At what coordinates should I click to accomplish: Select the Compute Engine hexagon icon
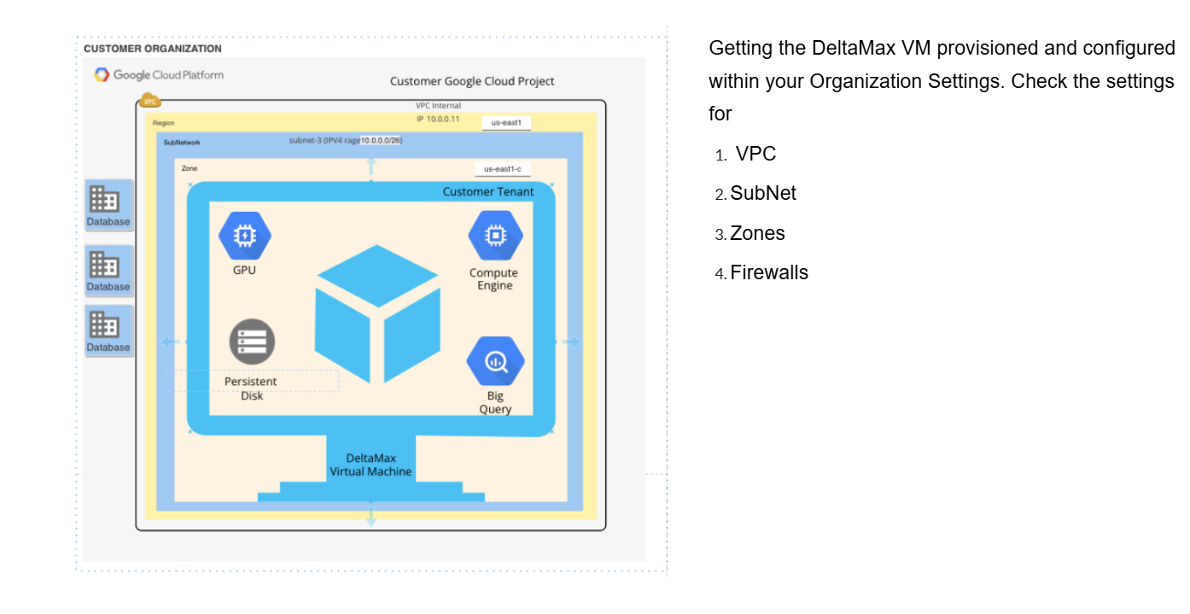click(495, 235)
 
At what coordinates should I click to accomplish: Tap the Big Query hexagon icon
click(495, 361)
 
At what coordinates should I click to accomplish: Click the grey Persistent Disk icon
click(252, 342)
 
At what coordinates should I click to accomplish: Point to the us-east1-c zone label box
click(503, 169)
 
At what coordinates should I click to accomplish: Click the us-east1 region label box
click(506, 123)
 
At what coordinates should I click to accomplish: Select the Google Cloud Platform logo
click(159, 75)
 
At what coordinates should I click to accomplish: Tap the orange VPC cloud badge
click(150, 101)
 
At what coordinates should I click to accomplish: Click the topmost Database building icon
click(105, 200)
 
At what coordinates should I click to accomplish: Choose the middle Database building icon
click(105, 265)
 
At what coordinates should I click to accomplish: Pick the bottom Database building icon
click(105, 325)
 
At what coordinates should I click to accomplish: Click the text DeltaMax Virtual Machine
click(370, 465)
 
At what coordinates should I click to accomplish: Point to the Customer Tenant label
click(487, 192)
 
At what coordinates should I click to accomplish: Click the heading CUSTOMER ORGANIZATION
click(153, 49)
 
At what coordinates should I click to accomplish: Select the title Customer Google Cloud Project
click(472, 81)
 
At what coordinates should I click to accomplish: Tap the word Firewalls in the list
click(769, 273)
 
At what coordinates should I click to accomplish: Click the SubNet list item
click(763, 194)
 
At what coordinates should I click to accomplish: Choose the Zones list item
click(757, 234)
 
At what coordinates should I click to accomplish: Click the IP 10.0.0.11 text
click(438, 119)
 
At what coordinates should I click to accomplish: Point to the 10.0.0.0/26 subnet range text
click(381, 140)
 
